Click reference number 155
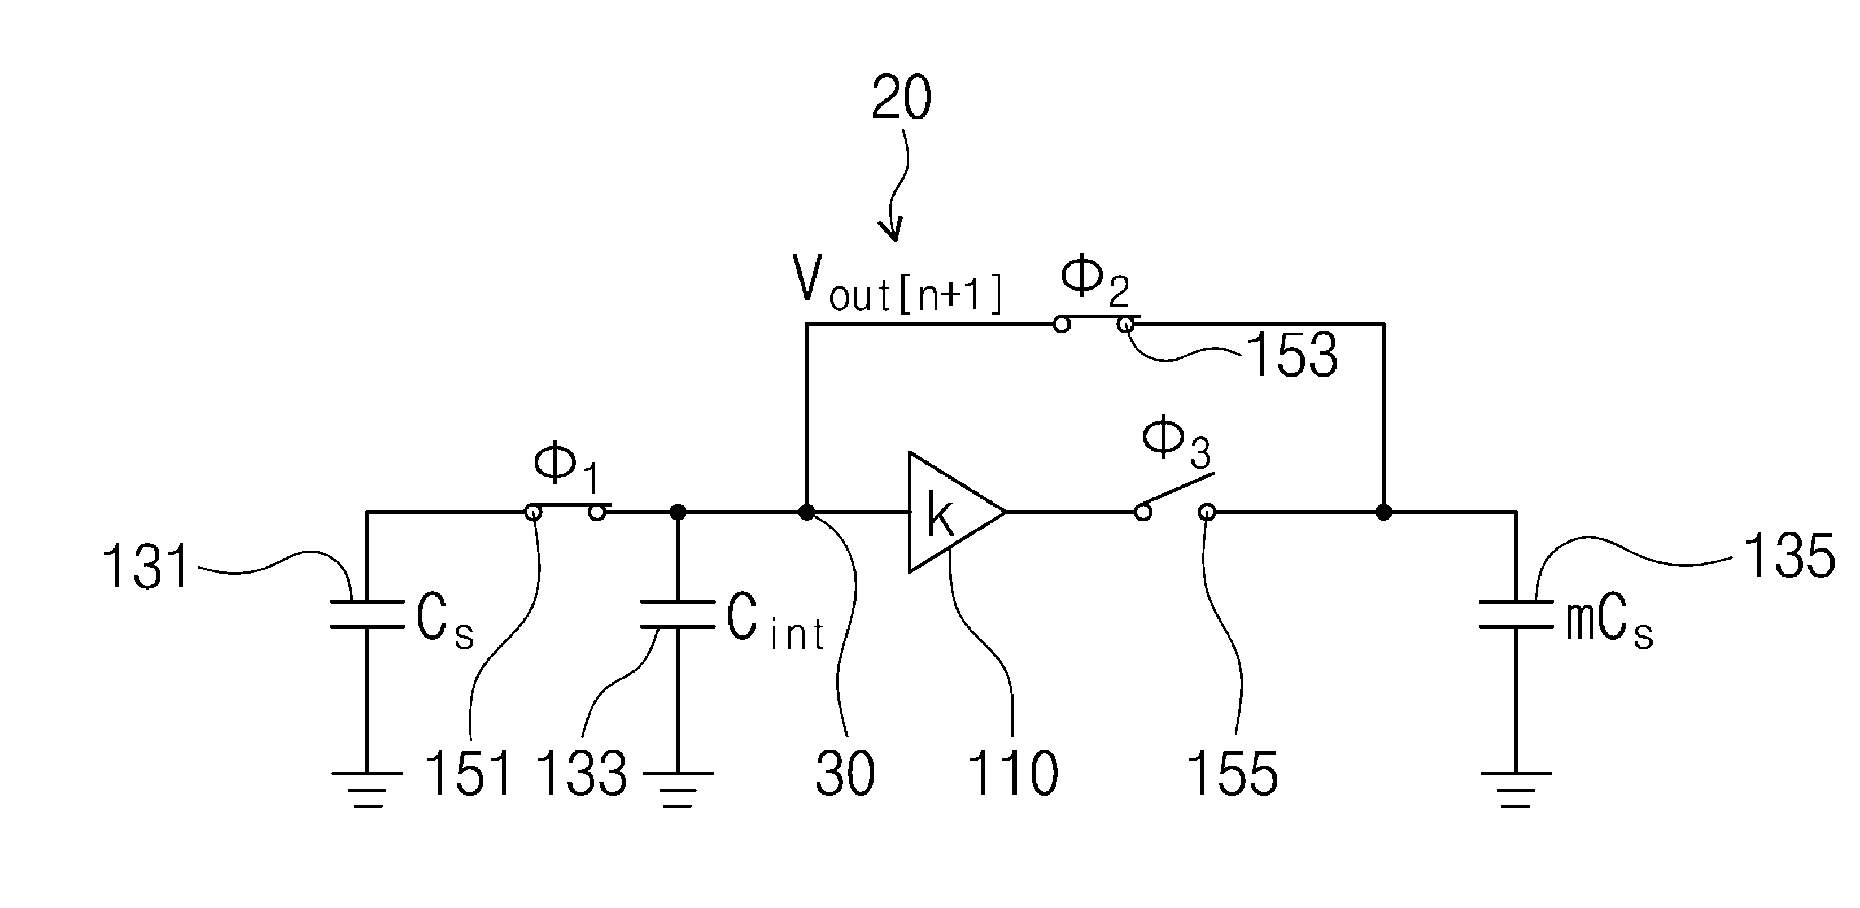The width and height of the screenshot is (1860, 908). (x=1232, y=773)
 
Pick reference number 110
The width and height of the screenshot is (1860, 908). (x=1012, y=773)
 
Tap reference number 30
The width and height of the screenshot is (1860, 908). (x=845, y=773)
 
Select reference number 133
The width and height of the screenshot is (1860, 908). (x=582, y=773)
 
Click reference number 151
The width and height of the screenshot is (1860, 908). (x=469, y=773)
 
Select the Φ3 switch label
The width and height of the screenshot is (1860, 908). (x=1176, y=443)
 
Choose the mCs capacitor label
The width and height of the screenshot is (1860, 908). (x=1609, y=625)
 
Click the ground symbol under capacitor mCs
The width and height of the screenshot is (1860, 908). (x=1516, y=789)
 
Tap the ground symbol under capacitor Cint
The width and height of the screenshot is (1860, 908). (x=677, y=789)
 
